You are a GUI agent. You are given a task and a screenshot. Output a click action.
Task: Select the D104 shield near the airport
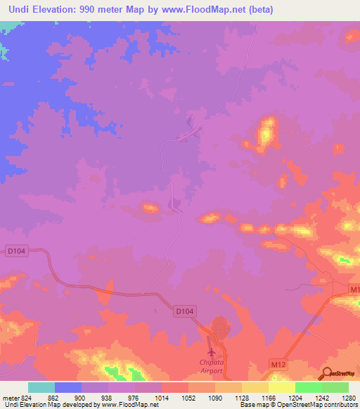click(184, 310)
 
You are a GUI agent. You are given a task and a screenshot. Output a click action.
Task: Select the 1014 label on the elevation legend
click(161, 397)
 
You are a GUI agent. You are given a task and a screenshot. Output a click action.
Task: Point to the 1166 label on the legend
click(268, 397)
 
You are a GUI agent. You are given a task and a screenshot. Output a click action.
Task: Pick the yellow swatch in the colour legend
click(281, 387)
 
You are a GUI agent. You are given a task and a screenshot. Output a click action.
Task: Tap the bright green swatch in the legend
click(308, 387)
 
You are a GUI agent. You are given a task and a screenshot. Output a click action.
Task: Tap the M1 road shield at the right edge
click(354, 290)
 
